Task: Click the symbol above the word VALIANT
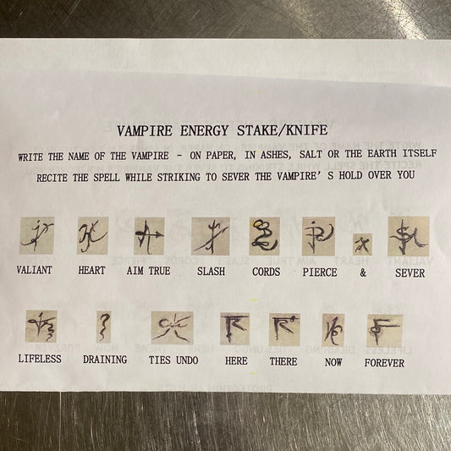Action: (37, 235)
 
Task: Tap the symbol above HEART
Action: (92, 235)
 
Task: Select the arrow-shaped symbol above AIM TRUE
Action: (149, 236)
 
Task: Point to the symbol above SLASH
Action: (211, 236)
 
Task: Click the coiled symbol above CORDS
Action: (264, 236)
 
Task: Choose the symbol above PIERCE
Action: (318, 236)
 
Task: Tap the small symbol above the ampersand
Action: (362, 245)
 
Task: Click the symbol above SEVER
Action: (409, 236)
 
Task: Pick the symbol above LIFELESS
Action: (41, 327)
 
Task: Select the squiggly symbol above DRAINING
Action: (103, 327)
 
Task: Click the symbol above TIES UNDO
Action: (172, 328)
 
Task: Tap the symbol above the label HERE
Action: (234, 329)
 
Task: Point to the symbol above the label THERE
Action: (284, 330)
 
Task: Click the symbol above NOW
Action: (333, 330)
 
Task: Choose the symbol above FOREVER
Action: (384, 332)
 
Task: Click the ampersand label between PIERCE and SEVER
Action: (363, 272)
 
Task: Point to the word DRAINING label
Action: (105, 360)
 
